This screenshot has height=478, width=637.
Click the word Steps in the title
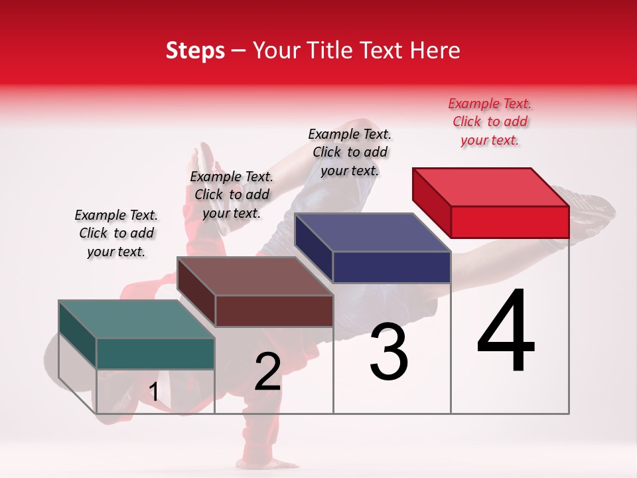click(195, 50)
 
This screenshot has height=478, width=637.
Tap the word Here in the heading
click(435, 50)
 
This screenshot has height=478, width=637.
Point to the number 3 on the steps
click(389, 352)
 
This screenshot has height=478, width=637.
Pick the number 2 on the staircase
click(267, 372)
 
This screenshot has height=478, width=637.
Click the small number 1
click(154, 392)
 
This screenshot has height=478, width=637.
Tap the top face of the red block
click(491, 187)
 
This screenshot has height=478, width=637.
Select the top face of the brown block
click(255, 276)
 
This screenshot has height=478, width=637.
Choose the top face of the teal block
click(137, 319)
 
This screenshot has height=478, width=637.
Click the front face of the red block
click(510, 222)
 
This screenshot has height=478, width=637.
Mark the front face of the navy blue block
click(391, 268)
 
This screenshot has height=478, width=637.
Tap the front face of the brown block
click(273, 311)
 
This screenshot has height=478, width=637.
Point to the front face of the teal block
click(155, 353)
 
